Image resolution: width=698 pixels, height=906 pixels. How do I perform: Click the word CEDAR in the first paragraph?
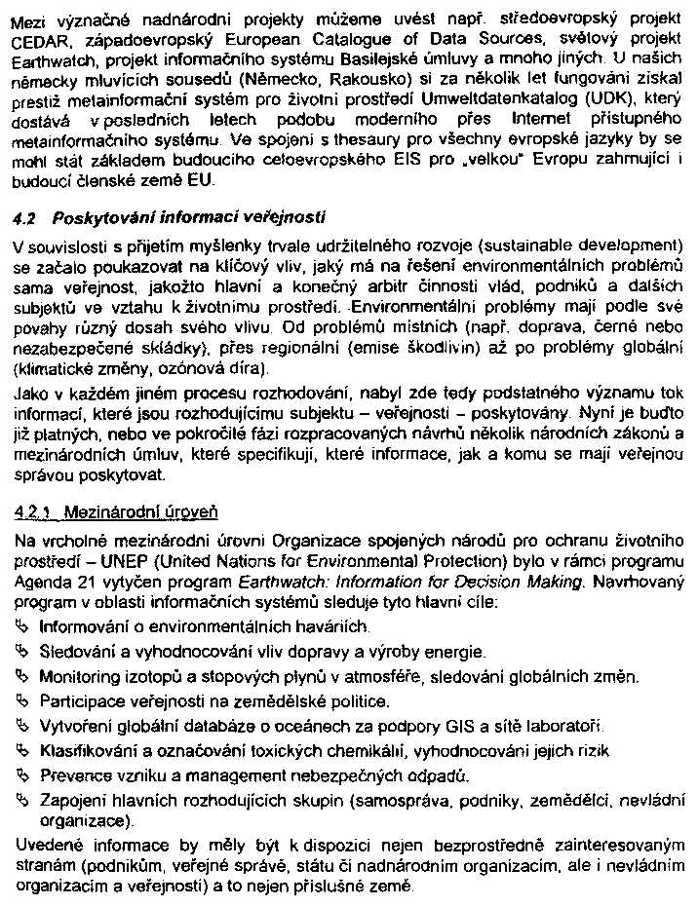tap(38, 42)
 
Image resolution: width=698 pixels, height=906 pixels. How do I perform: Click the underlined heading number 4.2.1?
tap(35, 510)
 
